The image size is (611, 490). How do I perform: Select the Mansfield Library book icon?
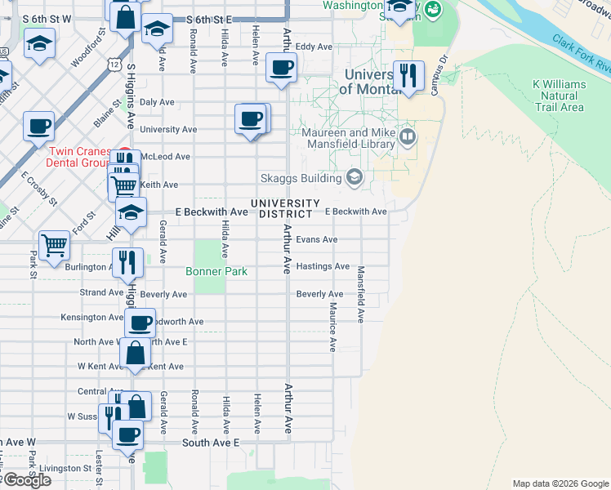408,134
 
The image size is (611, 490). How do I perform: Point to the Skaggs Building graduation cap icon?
355,177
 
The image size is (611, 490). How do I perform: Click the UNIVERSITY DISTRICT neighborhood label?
285,208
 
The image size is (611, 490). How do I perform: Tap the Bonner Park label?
216,271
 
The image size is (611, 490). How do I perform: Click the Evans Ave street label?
316,239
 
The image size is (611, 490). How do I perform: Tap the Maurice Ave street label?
332,327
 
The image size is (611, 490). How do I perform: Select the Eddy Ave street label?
314,47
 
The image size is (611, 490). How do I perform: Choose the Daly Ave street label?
157,102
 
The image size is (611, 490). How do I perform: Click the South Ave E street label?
210,442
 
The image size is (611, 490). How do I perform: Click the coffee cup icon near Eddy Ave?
282,68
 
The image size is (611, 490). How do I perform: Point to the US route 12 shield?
114,65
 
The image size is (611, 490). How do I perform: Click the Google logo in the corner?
27,480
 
